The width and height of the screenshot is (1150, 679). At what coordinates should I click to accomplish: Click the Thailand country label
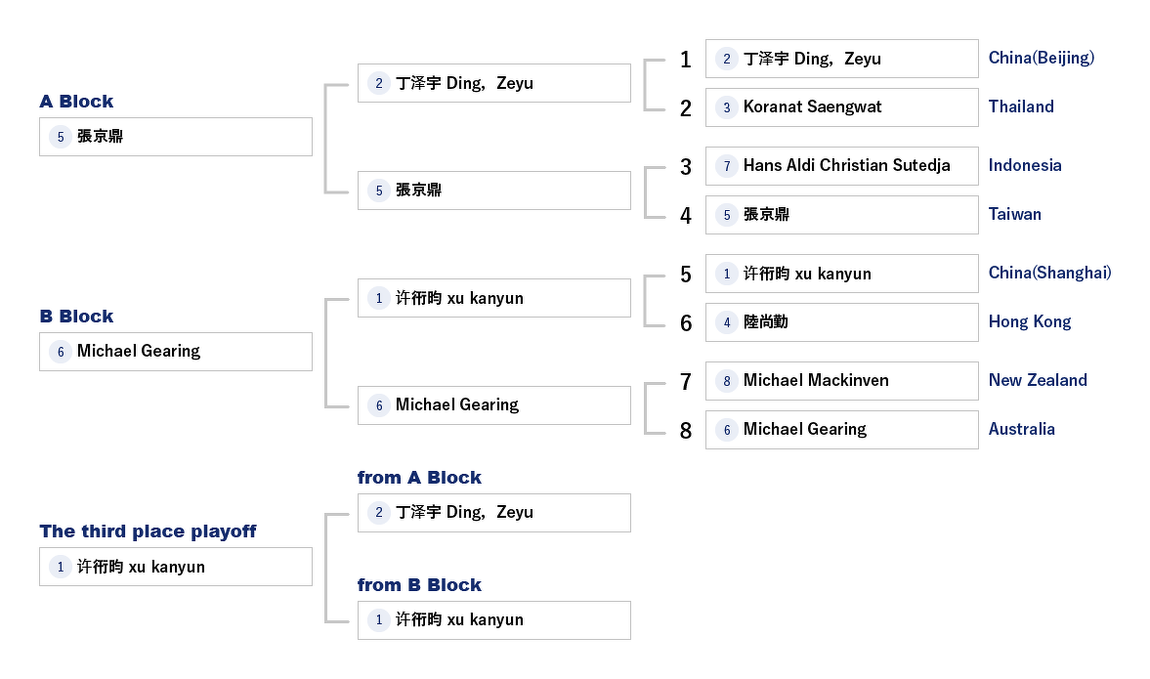point(1021,106)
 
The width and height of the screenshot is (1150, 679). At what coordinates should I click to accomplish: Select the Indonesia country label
point(1024,165)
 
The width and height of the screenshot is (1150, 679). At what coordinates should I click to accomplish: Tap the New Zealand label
point(1037,380)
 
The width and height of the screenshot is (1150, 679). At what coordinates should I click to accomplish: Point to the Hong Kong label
point(1029,321)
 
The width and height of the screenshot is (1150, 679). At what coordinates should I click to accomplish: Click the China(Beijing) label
point(1041,58)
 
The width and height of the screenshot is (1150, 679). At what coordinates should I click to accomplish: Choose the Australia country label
point(1021,429)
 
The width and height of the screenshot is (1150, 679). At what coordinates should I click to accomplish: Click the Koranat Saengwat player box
point(841,107)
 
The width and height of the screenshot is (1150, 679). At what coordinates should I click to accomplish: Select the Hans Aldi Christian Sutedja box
point(841,166)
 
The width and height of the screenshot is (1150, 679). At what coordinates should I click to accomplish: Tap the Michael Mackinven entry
point(841,381)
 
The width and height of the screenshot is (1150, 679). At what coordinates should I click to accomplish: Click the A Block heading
point(76,102)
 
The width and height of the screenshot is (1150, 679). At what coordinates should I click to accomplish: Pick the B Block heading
point(76,317)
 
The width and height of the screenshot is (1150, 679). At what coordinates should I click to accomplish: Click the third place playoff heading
point(148,531)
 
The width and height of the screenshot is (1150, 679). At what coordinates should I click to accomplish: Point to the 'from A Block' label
point(419,478)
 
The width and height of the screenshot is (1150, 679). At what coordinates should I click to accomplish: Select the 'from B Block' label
point(419,585)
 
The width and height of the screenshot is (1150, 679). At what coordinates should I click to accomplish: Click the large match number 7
point(686,382)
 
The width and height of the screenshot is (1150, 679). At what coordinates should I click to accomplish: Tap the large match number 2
point(686,108)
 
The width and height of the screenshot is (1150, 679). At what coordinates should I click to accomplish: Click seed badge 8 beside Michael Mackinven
point(726,381)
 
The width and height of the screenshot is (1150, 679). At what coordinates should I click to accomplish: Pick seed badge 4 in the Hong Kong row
point(726,322)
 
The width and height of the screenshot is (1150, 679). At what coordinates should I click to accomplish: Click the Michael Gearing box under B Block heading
point(176,352)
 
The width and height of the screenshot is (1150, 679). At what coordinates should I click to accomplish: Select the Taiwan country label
point(1014,214)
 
